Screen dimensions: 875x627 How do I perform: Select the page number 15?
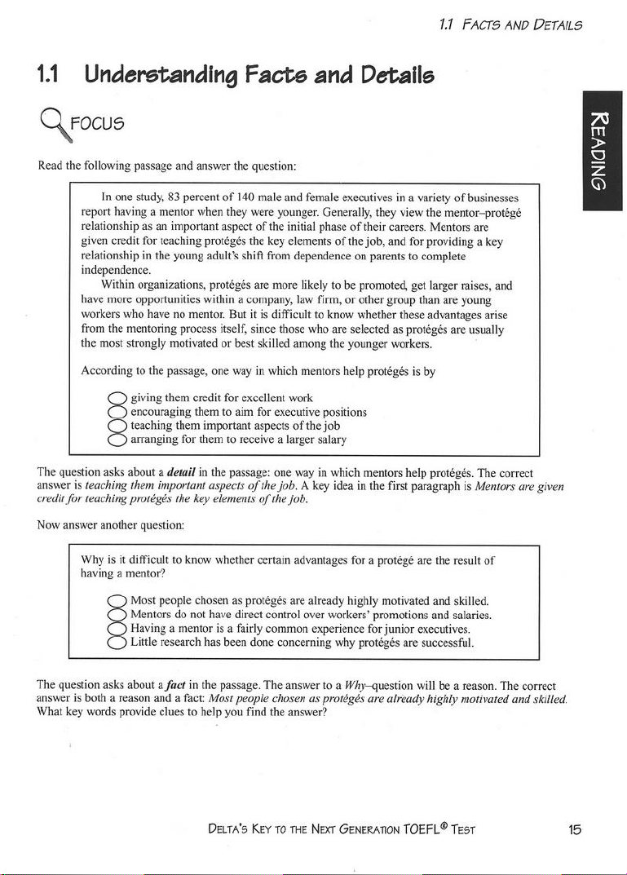tap(575, 829)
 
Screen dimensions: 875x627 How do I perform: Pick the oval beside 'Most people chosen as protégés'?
tap(117, 601)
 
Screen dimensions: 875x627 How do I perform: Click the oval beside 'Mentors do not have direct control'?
tap(117, 614)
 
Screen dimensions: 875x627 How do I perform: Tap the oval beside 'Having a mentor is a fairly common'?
tap(117, 628)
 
